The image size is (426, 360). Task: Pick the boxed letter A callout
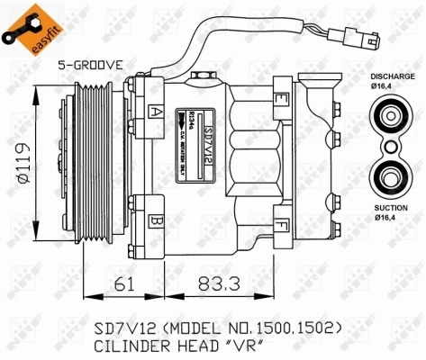pos(157,112)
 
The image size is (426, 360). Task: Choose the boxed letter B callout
pos(157,220)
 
